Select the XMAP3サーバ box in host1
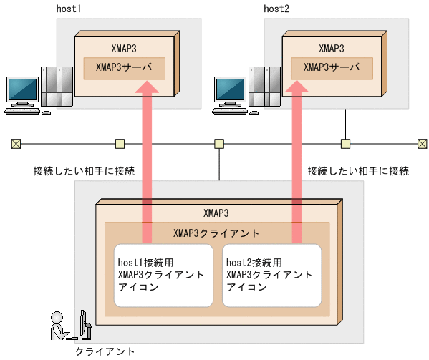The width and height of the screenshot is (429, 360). click(125, 69)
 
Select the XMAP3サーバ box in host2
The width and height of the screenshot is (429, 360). click(332, 69)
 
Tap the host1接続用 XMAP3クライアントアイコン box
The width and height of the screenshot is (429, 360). click(163, 276)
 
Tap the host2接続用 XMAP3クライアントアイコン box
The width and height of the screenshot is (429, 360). click(271, 276)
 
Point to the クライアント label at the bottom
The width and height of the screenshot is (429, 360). click(105, 351)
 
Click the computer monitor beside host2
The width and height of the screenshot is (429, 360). click(229, 91)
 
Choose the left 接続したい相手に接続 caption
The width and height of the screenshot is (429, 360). click(84, 171)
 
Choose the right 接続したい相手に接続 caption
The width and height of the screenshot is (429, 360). click(358, 171)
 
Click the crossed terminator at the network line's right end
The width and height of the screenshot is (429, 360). click(422, 143)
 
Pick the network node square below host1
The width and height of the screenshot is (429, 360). click(120, 143)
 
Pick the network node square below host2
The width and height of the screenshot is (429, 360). click(345, 143)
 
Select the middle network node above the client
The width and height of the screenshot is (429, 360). click(218, 143)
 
